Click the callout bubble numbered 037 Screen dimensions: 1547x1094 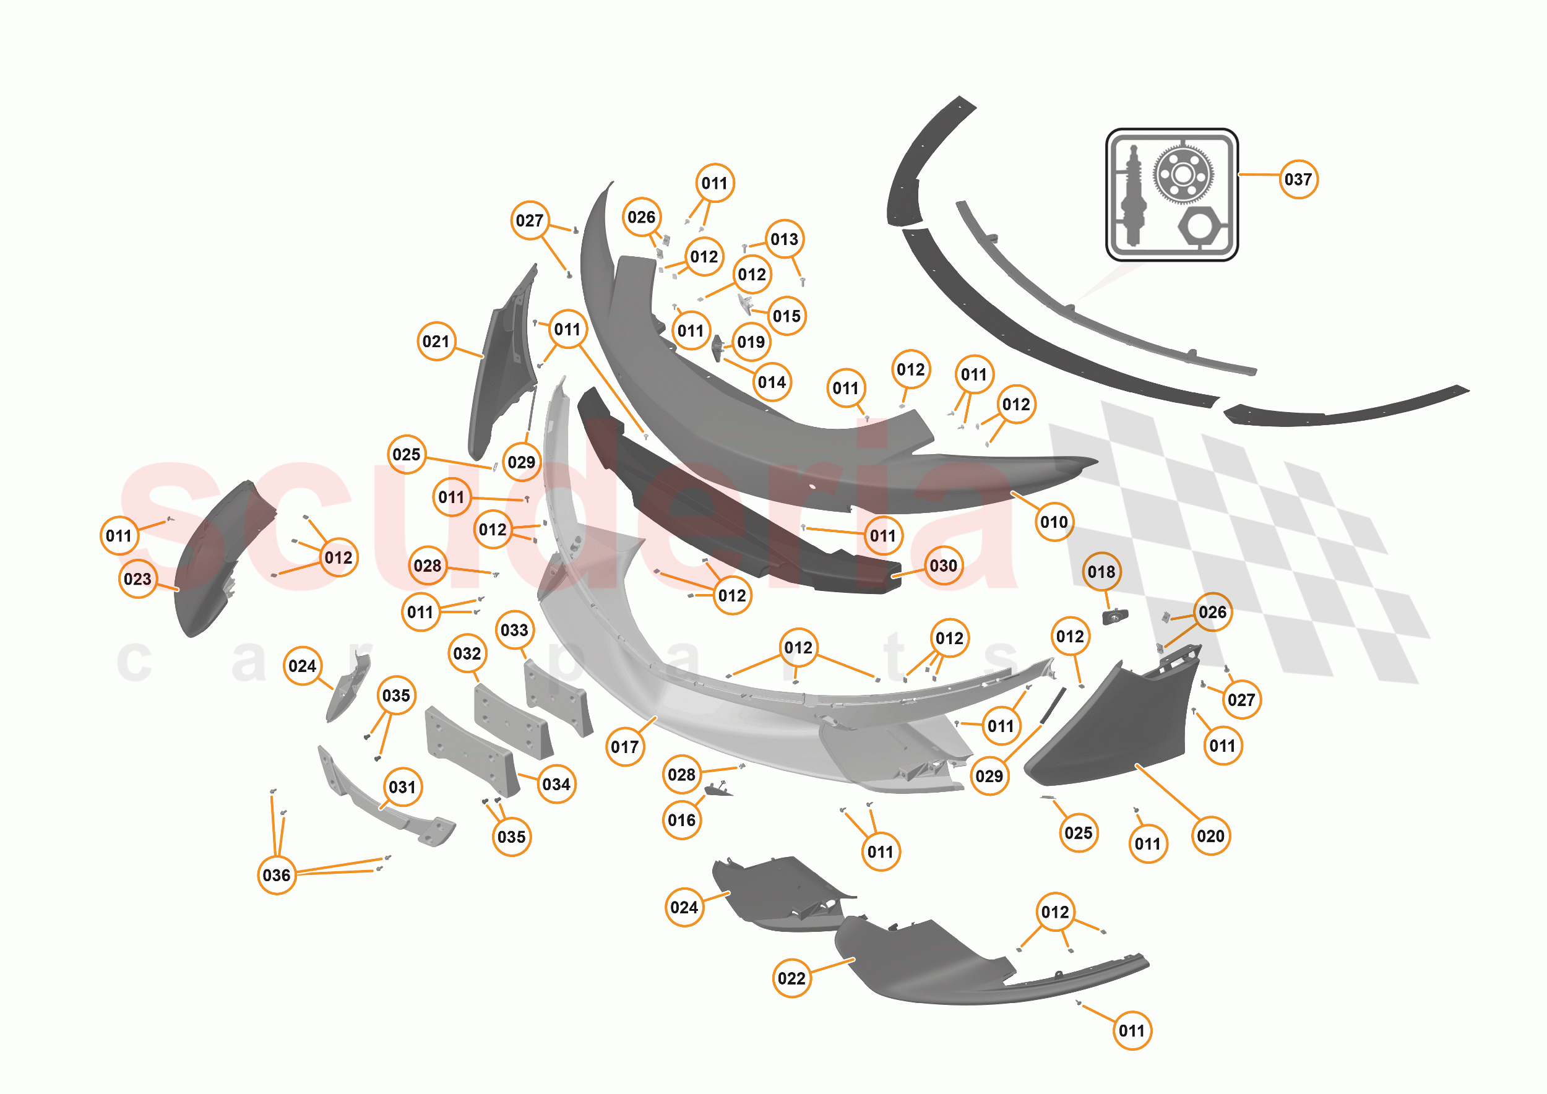pos(1298,179)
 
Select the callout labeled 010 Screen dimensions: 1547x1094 pos(1054,522)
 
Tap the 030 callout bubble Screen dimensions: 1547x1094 pos(943,566)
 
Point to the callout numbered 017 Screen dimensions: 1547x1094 pos(624,747)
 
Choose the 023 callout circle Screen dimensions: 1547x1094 pos(137,579)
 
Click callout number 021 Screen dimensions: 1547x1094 pos(436,342)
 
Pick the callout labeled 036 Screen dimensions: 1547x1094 pos(276,875)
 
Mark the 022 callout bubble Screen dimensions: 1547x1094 pos(791,979)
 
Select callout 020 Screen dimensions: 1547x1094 pos(1211,837)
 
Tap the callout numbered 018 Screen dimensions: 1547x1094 pos(1101,572)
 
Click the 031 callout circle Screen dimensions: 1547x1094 pos(402,788)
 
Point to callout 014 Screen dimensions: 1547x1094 pos(772,382)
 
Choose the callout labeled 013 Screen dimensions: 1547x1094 pos(784,239)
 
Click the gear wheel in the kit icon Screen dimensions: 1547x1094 pos(1184,174)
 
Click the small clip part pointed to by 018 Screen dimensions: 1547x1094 pos(1114,616)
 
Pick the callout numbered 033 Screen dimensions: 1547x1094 pos(515,631)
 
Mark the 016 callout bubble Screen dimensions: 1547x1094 pos(682,820)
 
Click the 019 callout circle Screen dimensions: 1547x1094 pos(751,342)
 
